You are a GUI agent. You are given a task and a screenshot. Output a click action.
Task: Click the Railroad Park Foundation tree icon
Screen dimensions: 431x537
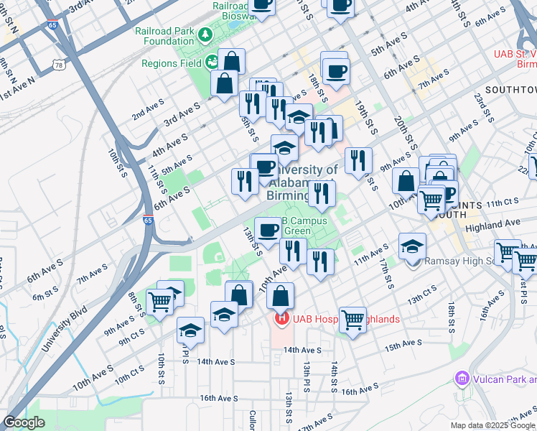205,34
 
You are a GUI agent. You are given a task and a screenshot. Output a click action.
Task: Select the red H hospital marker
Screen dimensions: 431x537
281,318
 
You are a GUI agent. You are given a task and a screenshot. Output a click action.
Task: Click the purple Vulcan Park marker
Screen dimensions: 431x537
462,378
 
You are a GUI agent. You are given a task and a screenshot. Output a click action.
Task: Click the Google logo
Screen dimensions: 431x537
24,422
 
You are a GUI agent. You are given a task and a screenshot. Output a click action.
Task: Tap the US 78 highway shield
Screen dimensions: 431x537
58,65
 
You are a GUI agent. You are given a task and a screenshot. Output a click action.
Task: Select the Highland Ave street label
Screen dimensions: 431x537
493,224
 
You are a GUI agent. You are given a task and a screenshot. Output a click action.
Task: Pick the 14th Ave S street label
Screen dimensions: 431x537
302,350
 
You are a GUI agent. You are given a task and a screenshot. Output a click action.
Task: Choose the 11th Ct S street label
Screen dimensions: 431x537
500,204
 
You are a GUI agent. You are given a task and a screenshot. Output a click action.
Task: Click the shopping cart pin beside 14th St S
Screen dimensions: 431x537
352,319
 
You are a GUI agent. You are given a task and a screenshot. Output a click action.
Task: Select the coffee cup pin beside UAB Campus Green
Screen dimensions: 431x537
268,230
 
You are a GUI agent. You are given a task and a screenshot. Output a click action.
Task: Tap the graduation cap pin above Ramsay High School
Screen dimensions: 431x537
413,246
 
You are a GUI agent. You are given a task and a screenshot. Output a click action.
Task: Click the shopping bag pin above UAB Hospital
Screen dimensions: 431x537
281,295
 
